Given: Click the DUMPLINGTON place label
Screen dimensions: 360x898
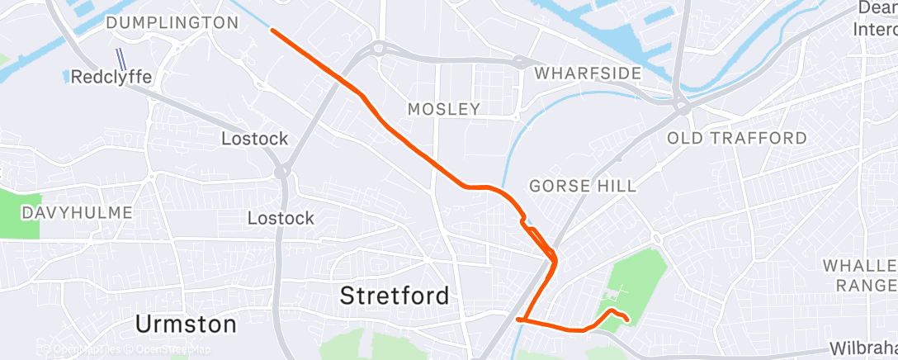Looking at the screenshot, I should [173, 23].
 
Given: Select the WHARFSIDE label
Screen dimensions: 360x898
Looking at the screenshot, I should [588, 73].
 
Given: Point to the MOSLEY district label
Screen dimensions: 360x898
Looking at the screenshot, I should [444, 109].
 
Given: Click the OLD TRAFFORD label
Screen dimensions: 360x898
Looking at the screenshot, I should [736, 138].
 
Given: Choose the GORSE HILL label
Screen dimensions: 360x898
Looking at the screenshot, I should [583, 187].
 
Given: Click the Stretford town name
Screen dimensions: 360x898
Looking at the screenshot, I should [395, 295].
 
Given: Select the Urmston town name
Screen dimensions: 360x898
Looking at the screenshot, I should [187, 324].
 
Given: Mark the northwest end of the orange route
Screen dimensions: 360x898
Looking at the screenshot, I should [272, 31].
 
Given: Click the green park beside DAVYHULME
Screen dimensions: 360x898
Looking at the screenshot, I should [18, 213].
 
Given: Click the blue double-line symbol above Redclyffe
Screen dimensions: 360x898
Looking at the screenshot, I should [121, 59].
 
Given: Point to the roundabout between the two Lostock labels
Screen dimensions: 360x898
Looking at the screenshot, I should [282, 173].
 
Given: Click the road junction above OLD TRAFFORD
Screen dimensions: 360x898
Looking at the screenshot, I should [681, 105].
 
